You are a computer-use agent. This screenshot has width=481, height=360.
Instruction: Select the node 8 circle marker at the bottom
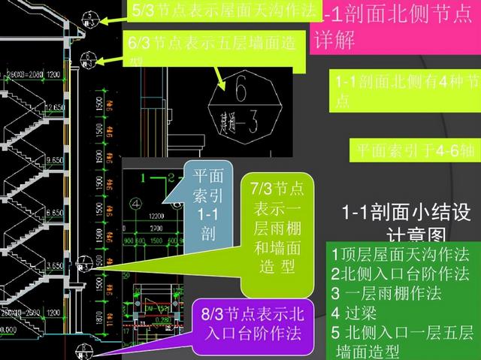(x=86, y=341)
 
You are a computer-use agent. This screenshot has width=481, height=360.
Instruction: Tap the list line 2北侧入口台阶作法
(x=400, y=273)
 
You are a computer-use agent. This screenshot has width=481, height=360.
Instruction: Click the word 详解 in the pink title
(x=335, y=41)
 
